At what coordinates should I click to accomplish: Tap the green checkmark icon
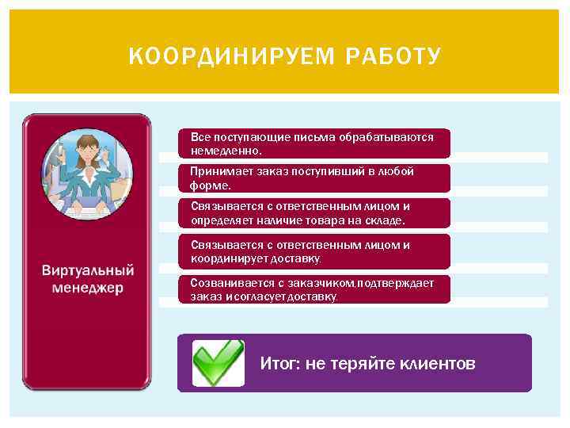point(218,362)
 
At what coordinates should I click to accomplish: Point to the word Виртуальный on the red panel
point(88,271)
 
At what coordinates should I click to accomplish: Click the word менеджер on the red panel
point(88,288)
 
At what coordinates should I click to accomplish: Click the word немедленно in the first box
point(225,150)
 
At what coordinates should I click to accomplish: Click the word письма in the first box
point(317,137)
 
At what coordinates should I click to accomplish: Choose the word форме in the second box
point(209,185)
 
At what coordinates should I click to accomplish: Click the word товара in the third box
point(328,220)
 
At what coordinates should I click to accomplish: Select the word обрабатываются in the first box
point(386,137)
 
